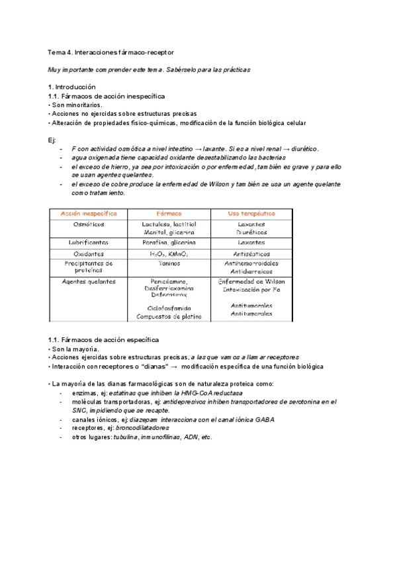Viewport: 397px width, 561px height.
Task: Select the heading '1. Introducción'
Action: point(72,87)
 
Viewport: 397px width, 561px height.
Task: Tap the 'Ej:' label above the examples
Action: point(53,140)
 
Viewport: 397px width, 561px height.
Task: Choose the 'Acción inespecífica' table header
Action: point(89,214)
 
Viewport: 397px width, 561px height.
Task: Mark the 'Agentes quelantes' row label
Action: point(89,281)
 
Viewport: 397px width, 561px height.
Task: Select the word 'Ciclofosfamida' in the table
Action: point(169,308)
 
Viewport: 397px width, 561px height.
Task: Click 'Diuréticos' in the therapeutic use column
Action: point(251,233)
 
